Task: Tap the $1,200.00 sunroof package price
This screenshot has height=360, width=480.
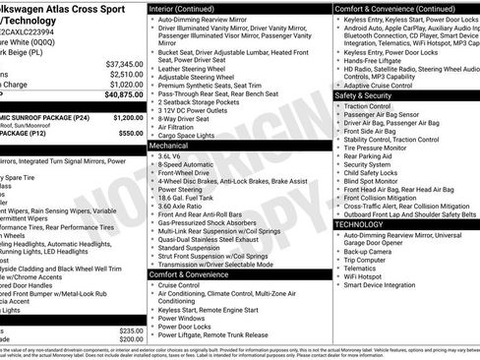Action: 124,116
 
